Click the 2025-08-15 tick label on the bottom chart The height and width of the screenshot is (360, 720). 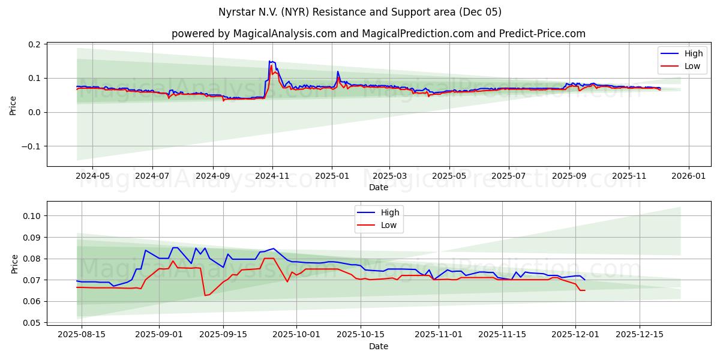(82, 334)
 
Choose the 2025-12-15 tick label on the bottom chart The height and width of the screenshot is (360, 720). (640, 334)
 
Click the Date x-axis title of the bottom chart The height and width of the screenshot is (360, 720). (378, 346)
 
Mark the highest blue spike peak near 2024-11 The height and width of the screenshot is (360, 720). (270, 61)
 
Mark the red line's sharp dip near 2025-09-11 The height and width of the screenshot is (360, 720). (205, 295)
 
